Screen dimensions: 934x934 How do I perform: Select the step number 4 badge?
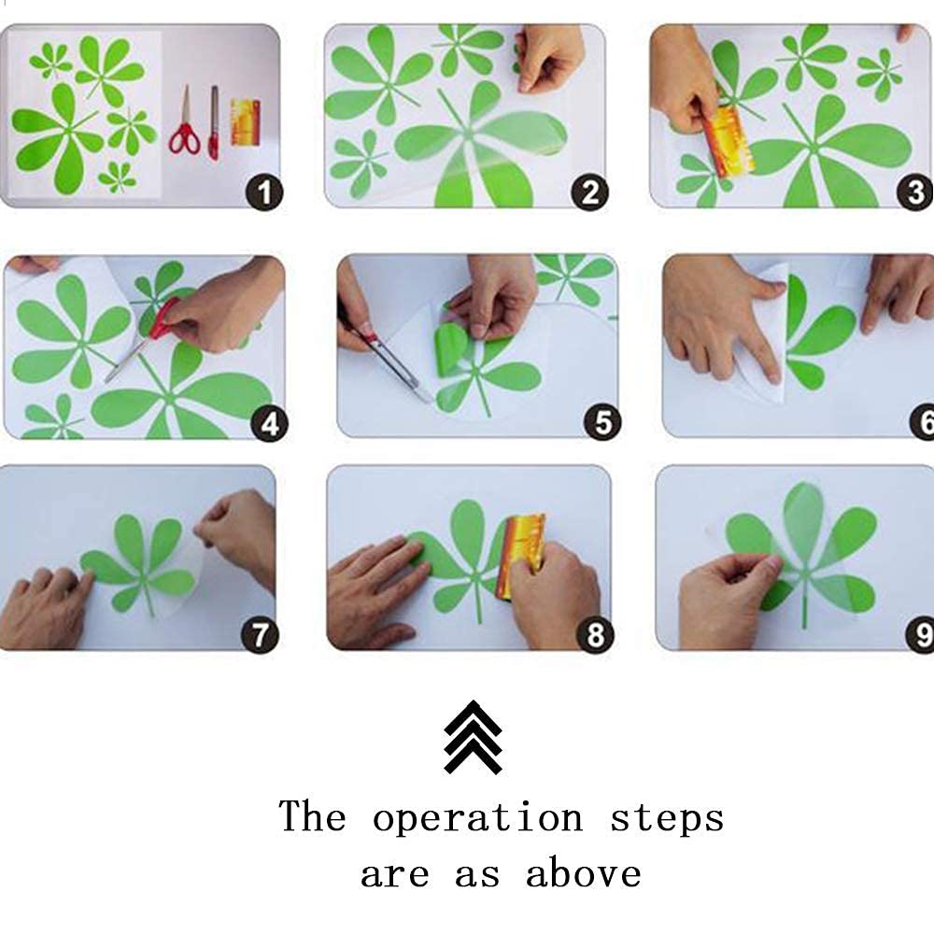point(270,424)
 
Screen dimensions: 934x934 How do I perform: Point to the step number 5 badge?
point(602,422)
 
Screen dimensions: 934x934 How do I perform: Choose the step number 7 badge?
point(260,635)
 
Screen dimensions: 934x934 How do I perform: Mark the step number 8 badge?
point(595,634)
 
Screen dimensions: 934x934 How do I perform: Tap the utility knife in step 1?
point(213,122)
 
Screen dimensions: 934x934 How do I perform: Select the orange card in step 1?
point(246,122)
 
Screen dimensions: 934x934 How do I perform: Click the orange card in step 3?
point(727,142)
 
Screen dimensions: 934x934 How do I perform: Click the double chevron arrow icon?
point(473,737)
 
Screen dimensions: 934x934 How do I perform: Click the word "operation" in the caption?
point(477,818)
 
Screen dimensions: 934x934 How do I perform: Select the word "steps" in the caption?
point(668,818)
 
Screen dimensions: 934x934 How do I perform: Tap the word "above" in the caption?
point(584,872)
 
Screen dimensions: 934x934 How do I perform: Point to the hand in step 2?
point(548,58)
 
